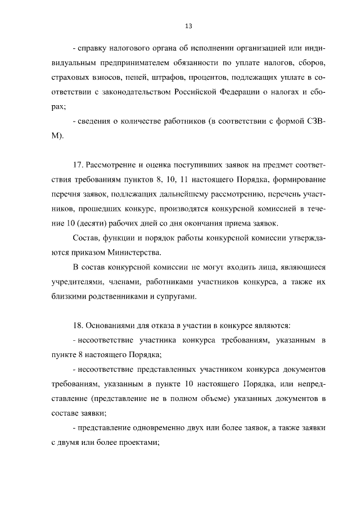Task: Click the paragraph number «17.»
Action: [78, 165]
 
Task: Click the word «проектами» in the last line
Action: [136, 443]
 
